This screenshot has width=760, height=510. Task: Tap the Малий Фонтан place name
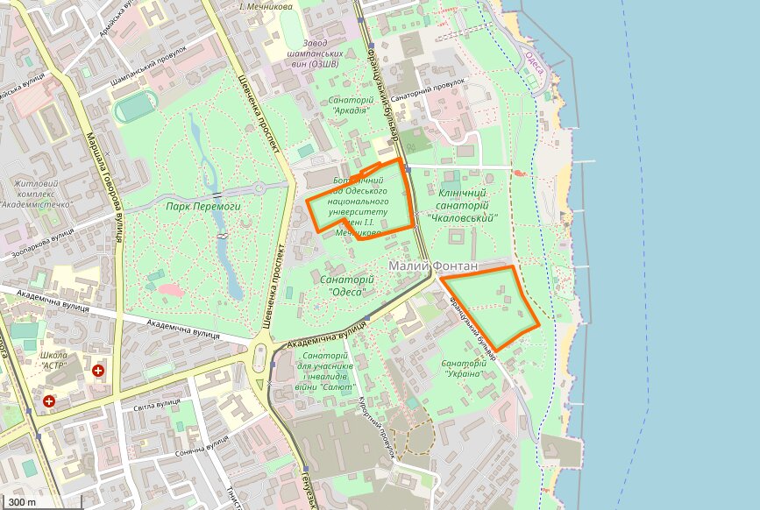(x=434, y=266)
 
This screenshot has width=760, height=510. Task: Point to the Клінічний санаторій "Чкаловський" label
(x=462, y=204)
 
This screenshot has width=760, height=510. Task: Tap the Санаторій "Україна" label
(x=462, y=368)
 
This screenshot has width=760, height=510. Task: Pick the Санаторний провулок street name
(x=427, y=91)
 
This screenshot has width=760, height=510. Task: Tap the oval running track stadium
(x=139, y=109)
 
